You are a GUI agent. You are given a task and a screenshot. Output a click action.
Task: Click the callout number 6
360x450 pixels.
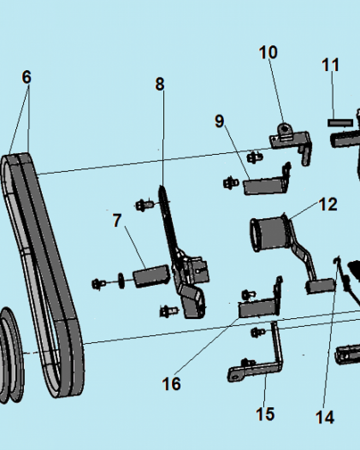tap(27, 77)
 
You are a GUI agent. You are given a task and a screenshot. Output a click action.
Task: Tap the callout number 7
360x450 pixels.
tap(117, 220)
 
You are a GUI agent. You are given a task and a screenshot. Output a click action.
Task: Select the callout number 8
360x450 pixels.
tap(160, 84)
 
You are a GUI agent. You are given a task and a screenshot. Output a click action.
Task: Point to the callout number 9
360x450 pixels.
tap(219, 121)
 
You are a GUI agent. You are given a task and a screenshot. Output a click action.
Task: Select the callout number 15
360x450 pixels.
tap(265, 414)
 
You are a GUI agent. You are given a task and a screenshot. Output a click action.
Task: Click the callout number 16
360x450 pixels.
tap(171, 384)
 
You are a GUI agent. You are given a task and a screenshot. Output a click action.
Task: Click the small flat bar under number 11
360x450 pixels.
tap(340, 122)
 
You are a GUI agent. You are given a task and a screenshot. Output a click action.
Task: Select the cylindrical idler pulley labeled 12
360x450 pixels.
tap(269, 233)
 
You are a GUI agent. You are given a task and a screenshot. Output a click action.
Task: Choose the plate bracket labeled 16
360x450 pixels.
tap(256, 308)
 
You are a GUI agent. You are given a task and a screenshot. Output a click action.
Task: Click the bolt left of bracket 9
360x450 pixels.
tap(229, 183)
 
